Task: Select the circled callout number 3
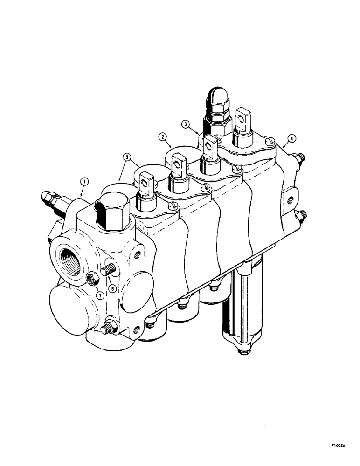tap(186, 125)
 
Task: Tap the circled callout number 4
tap(291, 137)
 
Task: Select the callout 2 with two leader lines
tap(127, 158)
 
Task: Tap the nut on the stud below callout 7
tap(111, 326)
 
